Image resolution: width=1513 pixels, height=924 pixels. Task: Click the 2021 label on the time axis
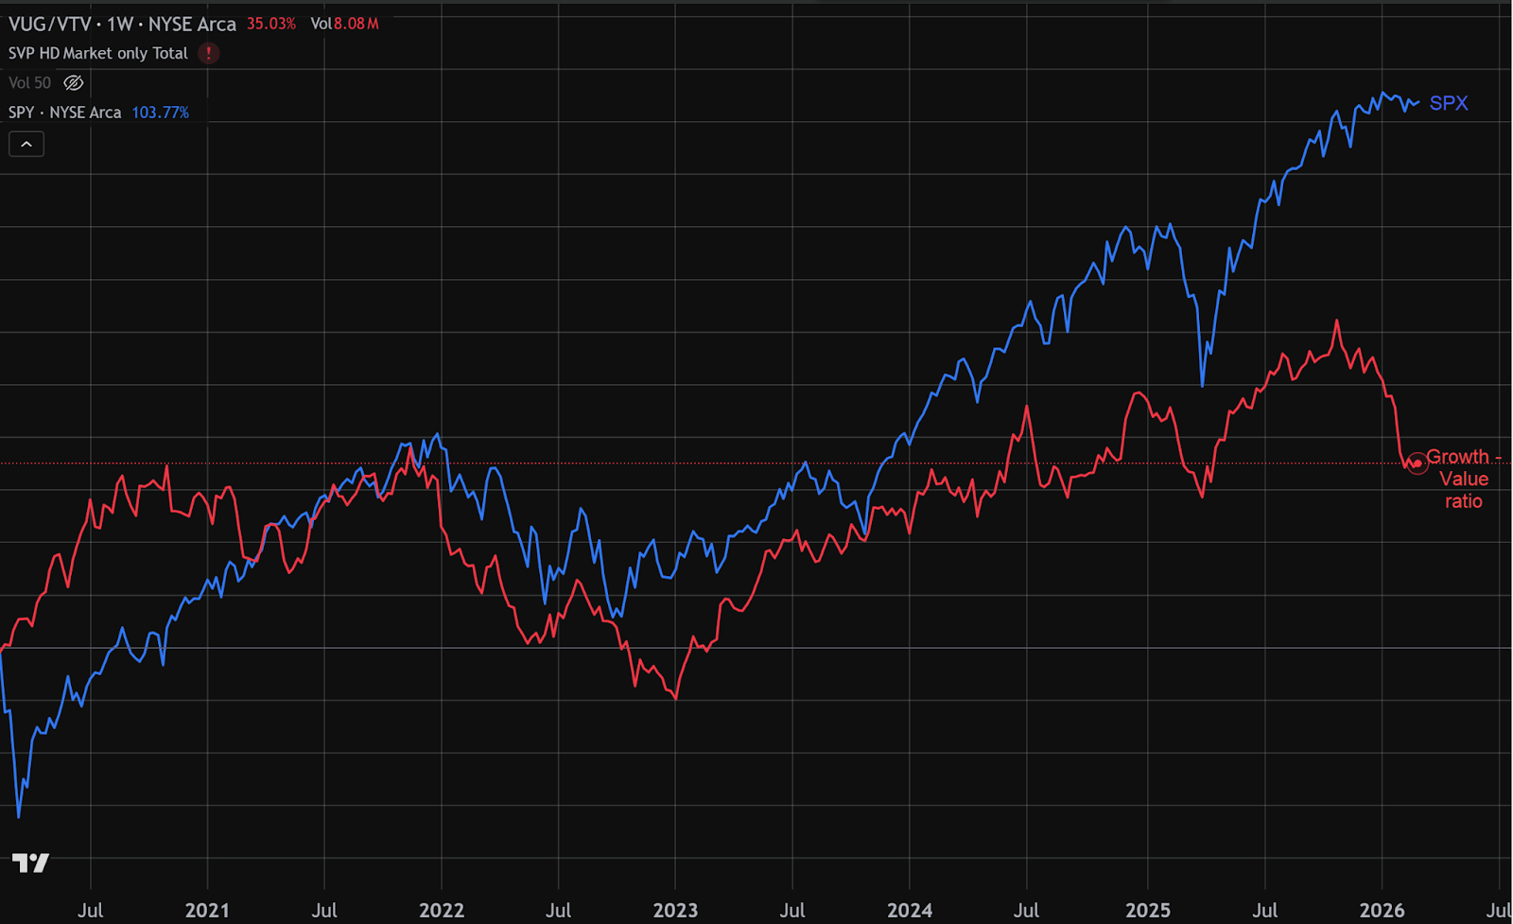(207, 910)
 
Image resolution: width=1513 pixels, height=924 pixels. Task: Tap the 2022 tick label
(442, 910)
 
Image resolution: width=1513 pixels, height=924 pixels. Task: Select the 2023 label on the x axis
(675, 910)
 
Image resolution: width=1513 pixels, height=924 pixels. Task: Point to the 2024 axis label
(910, 910)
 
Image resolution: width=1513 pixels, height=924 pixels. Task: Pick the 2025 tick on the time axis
(1148, 910)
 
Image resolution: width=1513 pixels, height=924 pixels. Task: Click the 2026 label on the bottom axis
(1382, 910)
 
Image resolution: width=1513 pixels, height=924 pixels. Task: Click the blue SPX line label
(1449, 103)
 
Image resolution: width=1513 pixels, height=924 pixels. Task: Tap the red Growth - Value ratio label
(1463, 479)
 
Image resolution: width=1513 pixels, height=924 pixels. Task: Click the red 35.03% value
(271, 24)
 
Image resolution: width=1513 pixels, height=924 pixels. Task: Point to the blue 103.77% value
(161, 113)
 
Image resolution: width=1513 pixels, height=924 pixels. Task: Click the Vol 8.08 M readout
(344, 24)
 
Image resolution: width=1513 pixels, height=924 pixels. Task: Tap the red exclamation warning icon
(209, 53)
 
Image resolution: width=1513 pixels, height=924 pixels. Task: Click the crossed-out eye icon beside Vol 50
(74, 83)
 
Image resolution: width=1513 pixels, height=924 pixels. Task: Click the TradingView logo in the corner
(30, 863)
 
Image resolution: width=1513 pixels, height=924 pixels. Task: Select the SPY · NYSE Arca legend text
(65, 113)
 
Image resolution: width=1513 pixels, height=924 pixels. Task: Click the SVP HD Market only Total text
(98, 53)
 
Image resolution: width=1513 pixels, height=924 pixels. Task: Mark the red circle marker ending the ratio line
(1417, 463)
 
